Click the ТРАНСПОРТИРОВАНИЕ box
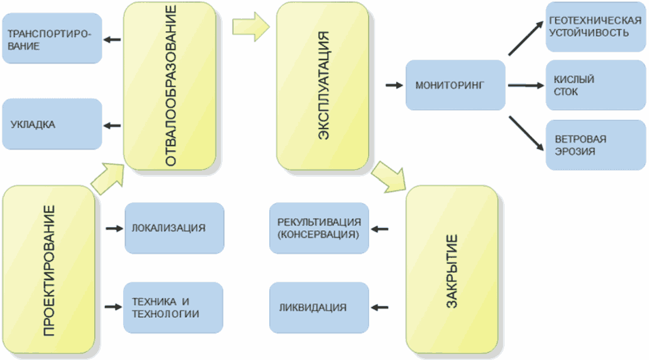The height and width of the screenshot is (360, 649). coord(52,39)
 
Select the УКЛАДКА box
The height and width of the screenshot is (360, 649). coord(52,124)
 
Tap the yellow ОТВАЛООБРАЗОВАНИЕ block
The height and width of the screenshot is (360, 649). coord(170,86)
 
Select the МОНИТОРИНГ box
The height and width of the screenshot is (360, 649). coord(455,85)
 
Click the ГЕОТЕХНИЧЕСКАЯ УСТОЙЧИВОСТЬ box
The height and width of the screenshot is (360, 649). coord(595,27)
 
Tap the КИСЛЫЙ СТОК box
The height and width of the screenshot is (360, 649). coord(595,85)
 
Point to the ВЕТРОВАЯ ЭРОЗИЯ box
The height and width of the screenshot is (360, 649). coord(595,145)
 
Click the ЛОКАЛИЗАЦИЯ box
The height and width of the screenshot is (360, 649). coord(174,227)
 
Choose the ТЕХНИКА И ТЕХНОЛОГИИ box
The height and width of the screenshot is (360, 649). coord(173,307)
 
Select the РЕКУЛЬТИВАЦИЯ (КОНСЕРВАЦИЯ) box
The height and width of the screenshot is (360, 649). coord(319,228)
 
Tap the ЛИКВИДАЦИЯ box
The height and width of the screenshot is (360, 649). coord(319,307)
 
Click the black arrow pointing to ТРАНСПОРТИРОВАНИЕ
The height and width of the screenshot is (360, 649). coord(112,40)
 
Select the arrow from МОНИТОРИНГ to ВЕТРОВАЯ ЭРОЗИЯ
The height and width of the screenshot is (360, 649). coord(525,134)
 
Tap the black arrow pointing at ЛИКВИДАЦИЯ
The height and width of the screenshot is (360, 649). coord(380,307)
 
